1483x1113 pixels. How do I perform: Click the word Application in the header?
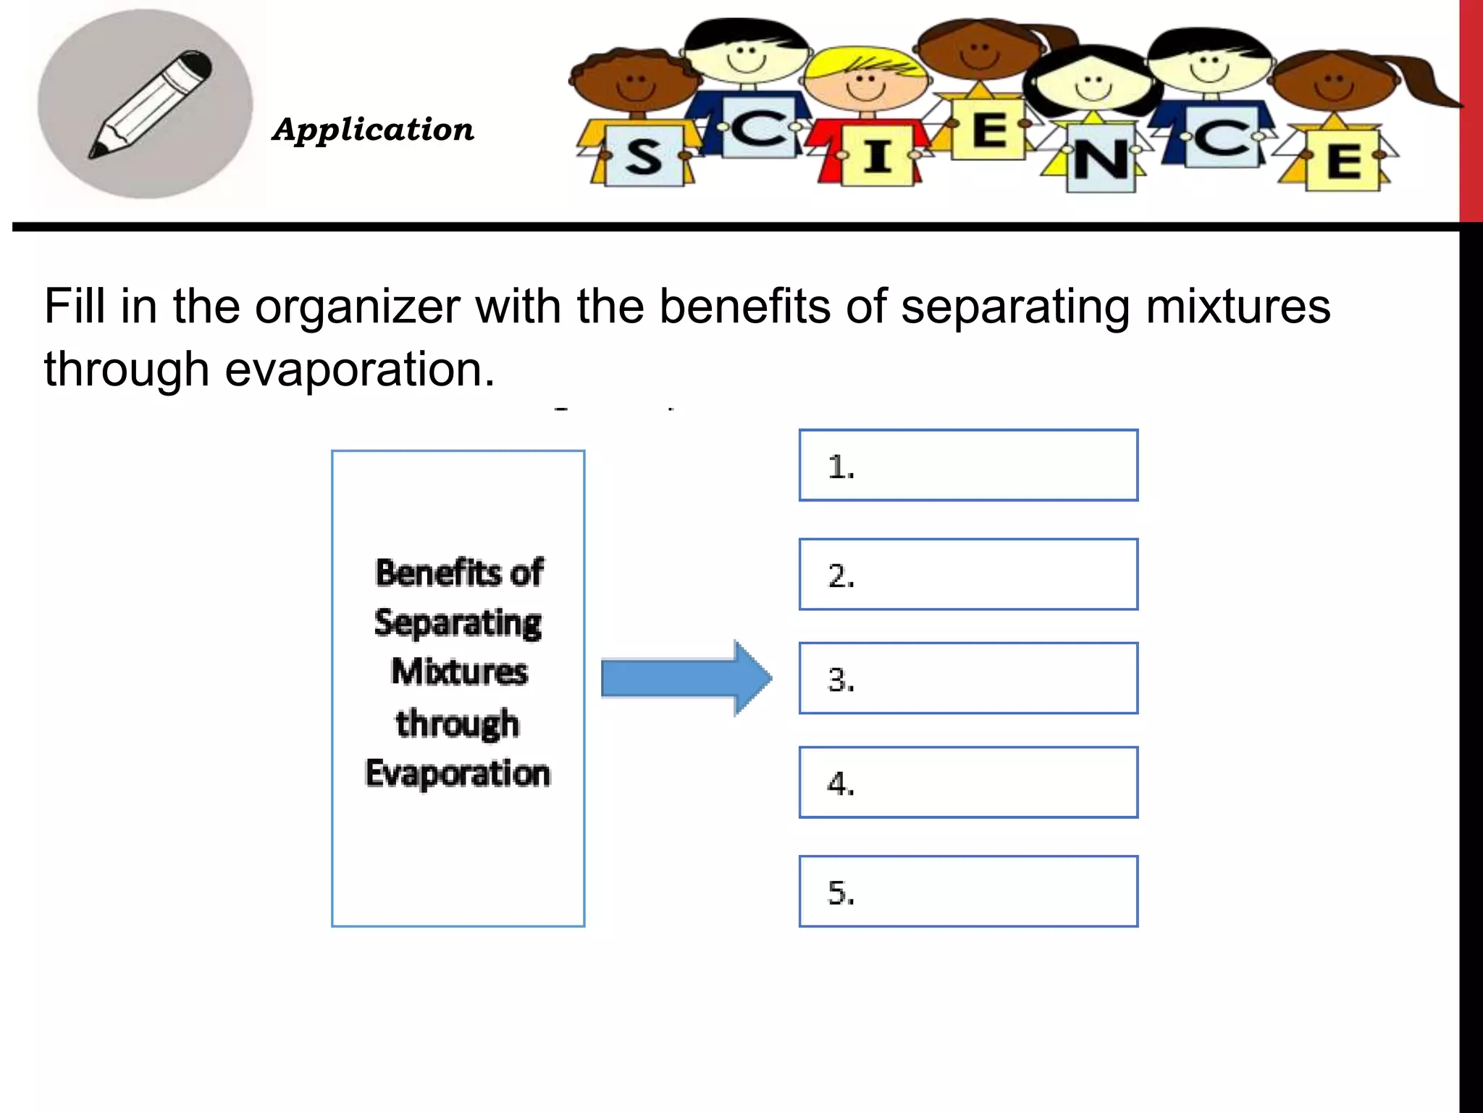click(x=373, y=130)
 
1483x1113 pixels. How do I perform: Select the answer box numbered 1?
click(x=968, y=465)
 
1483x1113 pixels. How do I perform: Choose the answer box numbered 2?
click(x=968, y=574)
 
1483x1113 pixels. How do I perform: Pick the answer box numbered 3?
click(x=968, y=678)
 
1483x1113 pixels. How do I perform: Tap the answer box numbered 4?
click(x=968, y=783)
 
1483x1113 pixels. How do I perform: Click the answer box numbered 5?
click(x=968, y=891)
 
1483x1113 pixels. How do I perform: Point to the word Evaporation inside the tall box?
click(x=458, y=773)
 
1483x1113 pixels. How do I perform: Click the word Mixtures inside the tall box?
click(x=459, y=671)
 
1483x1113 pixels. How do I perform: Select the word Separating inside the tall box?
click(x=458, y=623)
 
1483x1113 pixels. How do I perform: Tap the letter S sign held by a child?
click(x=643, y=157)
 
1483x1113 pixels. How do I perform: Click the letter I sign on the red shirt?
click(x=877, y=157)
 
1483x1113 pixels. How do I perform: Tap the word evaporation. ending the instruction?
click(x=360, y=370)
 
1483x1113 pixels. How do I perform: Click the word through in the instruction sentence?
click(x=126, y=370)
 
